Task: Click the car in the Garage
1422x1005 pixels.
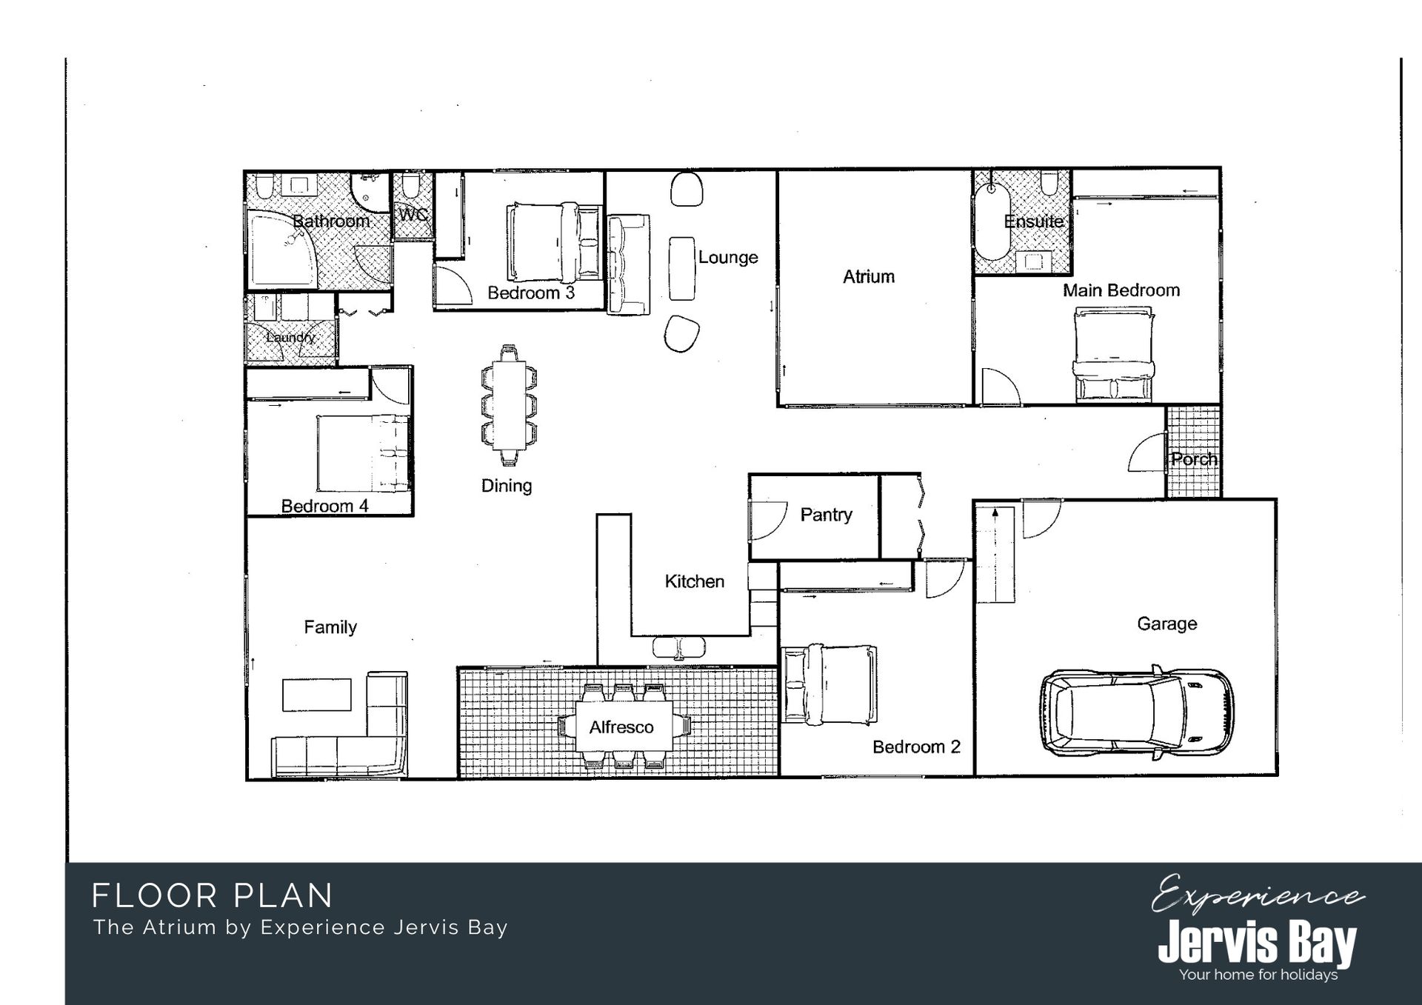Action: pyautogui.click(x=1136, y=713)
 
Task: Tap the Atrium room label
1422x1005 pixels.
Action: pyautogui.click(x=869, y=277)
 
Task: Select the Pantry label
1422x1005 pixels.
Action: pyautogui.click(x=826, y=515)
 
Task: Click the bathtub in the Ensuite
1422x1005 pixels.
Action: pyautogui.click(x=992, y=221)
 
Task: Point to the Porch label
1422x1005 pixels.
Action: pyautogui.click(x=1194, y=459)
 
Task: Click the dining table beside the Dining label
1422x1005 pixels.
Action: pyautogui.click(x=508, y=405)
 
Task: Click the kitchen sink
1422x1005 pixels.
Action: pyautogui.click(x=678, y=648)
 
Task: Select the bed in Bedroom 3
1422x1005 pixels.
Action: pyautogui.click(x=554, y=241)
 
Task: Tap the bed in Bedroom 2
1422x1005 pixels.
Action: pyautogui.click(x=829, y=684)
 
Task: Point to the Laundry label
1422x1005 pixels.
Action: pyautogui.click(x=290, y=337)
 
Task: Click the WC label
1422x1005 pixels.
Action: pyautogui.click(x=413, y=215)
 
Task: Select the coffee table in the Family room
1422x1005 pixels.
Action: pyautogui.click(x=317, y=695)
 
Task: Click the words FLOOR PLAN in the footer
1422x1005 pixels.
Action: pyautogui.click(x=213, y=895)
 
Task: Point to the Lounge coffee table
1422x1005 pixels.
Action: pyautogui.click(x=682, y=268)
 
